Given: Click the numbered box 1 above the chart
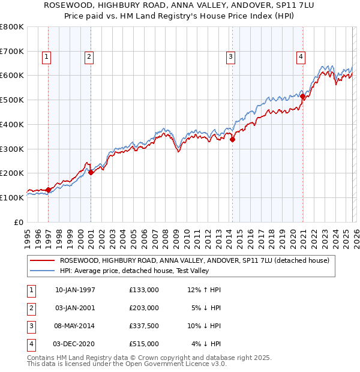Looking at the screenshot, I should [x=46, y=57].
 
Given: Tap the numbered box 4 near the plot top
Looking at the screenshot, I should [x=301, y=57].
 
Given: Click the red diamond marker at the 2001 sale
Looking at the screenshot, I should [x=91, y=172].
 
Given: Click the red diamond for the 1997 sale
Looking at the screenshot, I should [x=49, y=190].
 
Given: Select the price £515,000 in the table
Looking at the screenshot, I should [x=144, y=344].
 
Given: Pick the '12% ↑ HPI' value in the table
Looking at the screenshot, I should [x=204, y=290].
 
